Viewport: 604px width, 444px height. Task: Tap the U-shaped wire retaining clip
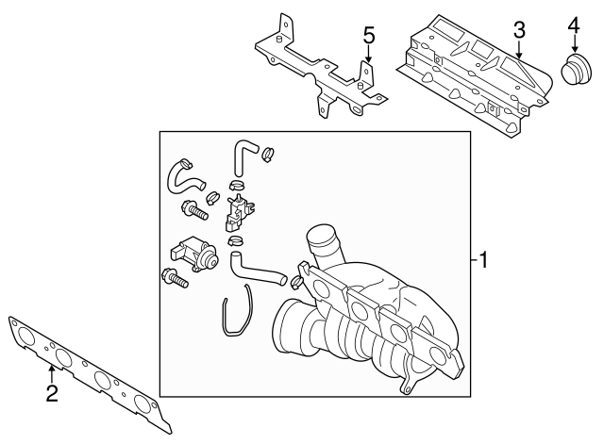[x=236, y=316]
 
